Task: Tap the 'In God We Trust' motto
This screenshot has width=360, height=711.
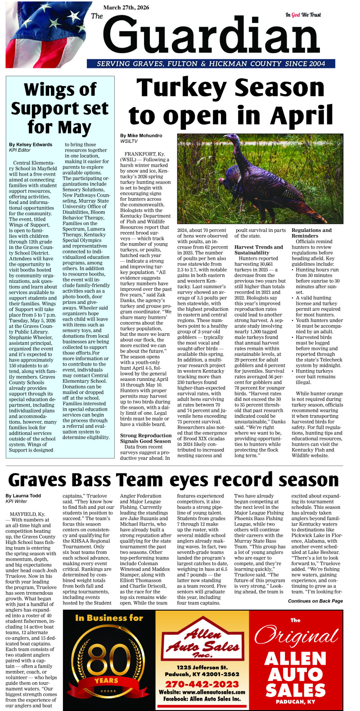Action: coord(303,15)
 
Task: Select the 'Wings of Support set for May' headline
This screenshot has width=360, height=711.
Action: coord(60,109)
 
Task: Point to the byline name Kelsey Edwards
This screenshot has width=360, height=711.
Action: coord(31,145)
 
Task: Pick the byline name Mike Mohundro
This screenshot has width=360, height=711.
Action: coord(141,135)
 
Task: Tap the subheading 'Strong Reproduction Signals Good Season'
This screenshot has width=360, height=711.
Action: coord(145,438)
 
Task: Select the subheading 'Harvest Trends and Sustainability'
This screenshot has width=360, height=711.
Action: coord(259,250)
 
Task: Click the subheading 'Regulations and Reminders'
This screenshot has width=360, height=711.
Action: coord(311,233)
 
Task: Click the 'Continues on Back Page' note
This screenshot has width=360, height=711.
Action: coord(315,601)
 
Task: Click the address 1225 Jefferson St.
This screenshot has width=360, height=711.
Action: coord(202,667)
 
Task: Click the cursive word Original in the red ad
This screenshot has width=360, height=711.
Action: coord(296,636)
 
